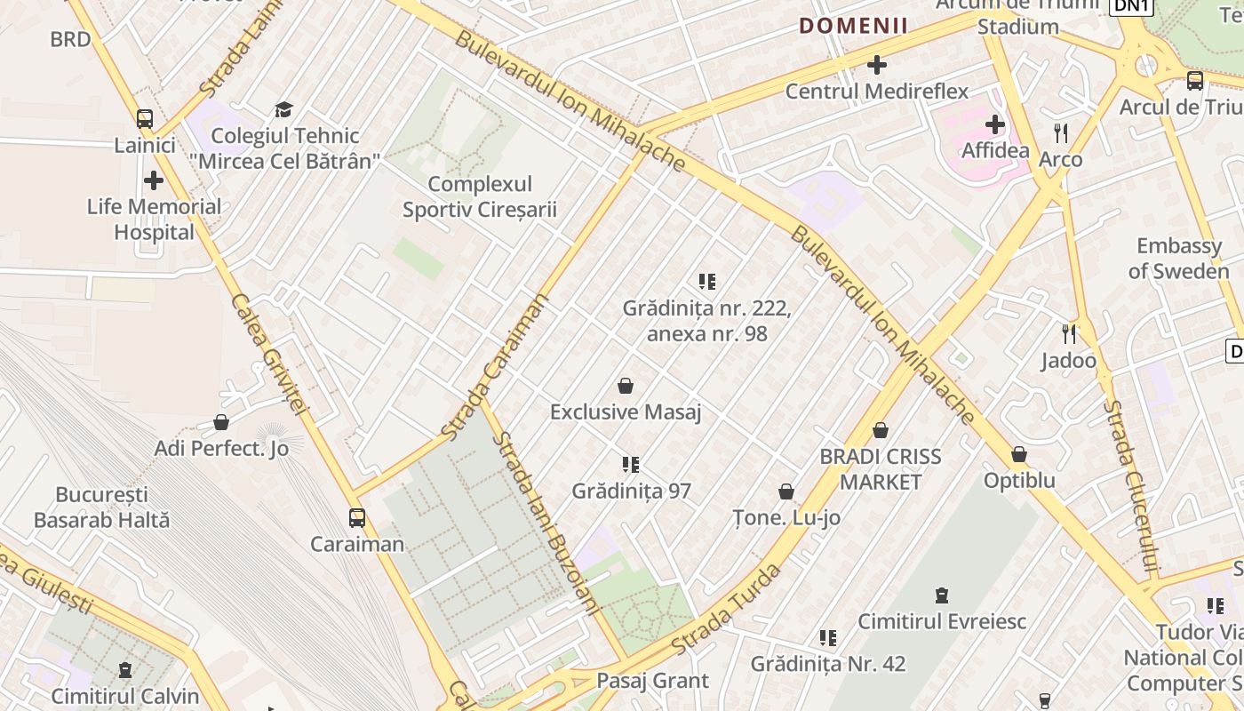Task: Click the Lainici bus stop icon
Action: [144, 119]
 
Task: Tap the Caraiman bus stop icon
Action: [357, 518]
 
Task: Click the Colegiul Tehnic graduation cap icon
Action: [283, 110]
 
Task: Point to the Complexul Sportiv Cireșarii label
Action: [480, 196]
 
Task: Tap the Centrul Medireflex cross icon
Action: [877, 65]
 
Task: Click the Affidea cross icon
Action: [995, 124]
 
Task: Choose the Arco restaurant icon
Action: [1060, 134]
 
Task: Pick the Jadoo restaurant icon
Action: [1069, 335]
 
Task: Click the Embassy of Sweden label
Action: [1179, 259]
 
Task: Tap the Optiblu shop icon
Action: [1019, 455]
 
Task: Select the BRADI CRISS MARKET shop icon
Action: [881, 431]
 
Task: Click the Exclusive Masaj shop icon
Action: [626, 387]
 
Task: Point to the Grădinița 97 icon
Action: [631, 465]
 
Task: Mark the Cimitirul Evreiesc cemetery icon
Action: [942, 595]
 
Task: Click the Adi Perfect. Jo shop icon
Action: [221, 423]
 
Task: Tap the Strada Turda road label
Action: [726, 609]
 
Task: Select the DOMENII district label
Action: [853, 26]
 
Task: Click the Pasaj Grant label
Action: [653, 681]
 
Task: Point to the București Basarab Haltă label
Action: [101, 507]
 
